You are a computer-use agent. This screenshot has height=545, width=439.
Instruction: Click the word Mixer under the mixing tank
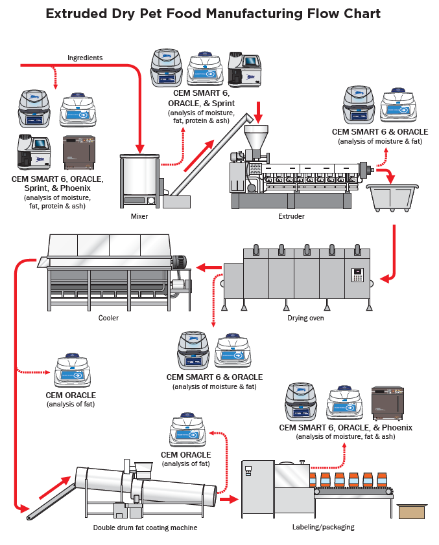tap(139, 216)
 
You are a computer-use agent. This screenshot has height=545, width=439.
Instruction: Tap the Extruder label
tap(291, 216)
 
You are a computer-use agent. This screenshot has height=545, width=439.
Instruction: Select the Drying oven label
tap(305, 318)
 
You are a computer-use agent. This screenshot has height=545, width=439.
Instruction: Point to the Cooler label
tap(108, 318)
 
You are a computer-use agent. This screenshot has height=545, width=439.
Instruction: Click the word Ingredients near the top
tap(85, 58)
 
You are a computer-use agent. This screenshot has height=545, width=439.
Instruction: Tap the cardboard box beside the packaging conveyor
tap(411, 511)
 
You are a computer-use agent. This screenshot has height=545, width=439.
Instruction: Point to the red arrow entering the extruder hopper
tap(259, 113)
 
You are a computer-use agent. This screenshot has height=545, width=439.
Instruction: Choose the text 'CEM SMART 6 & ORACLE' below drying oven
tap(215, 377)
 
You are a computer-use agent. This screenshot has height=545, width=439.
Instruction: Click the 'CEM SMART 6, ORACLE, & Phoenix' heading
tap(346, 427)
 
